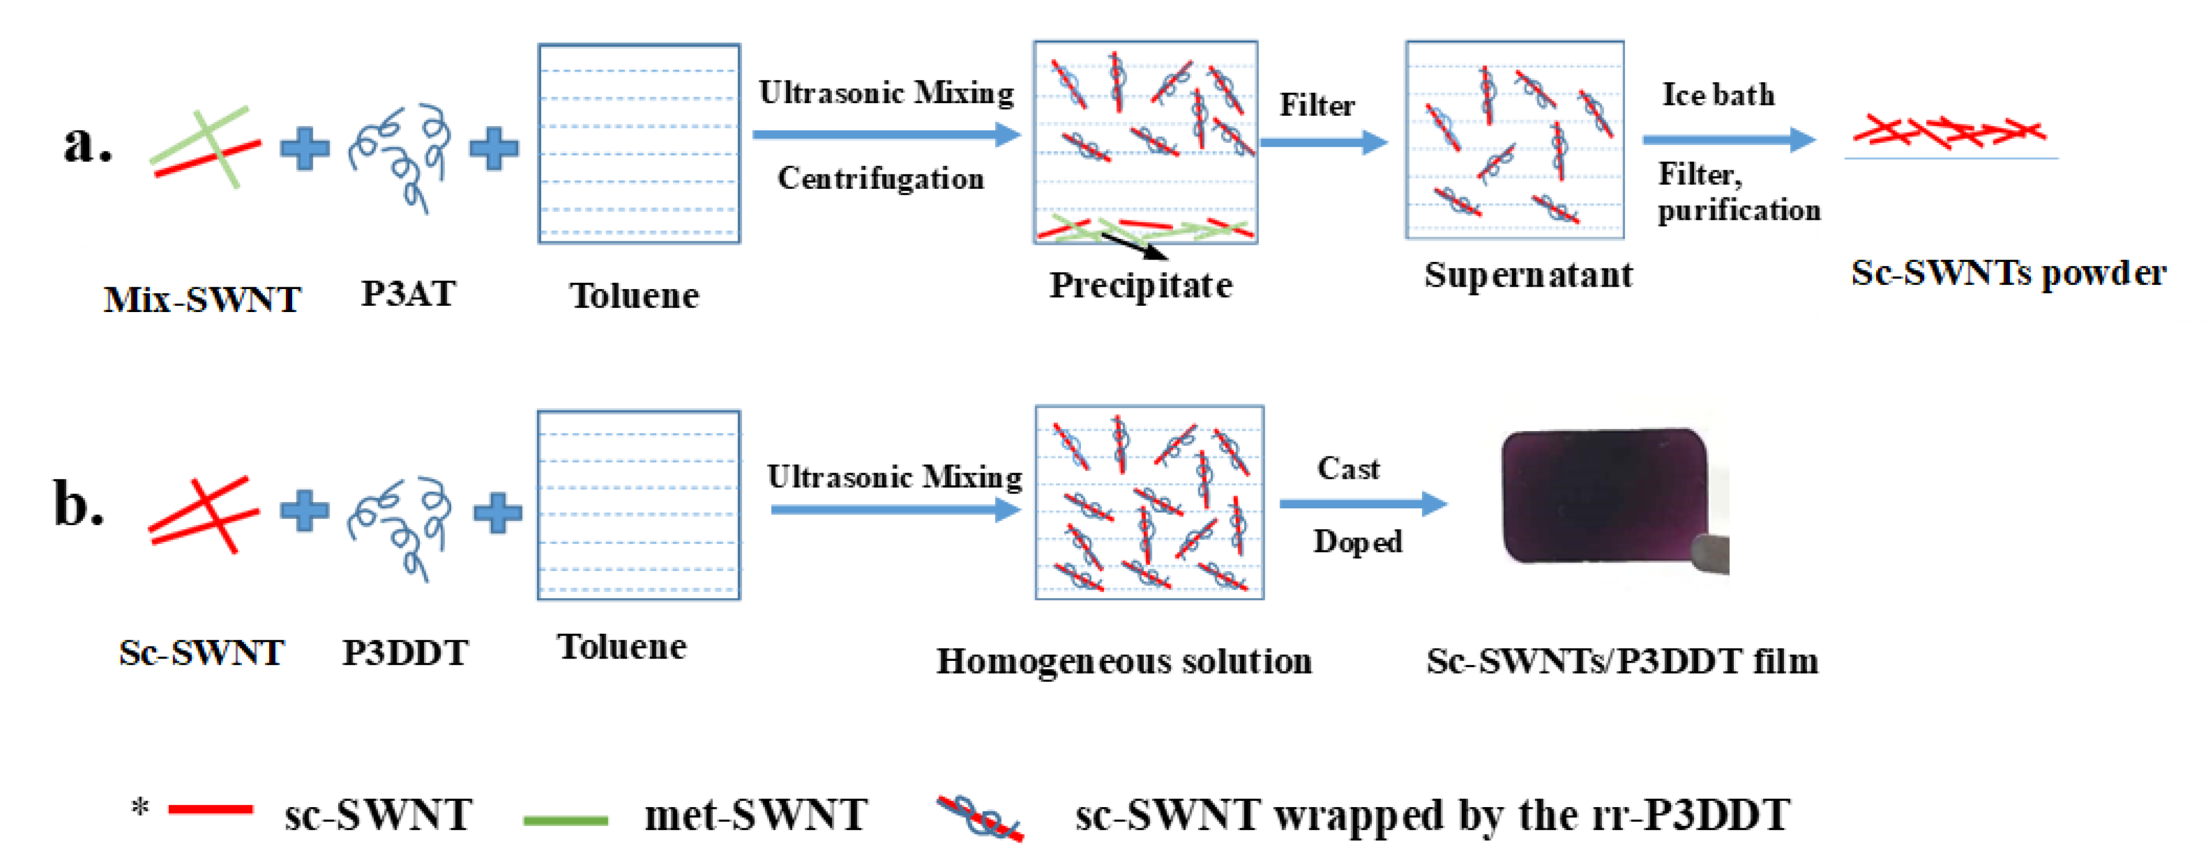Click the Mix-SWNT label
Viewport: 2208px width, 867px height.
point(202,300)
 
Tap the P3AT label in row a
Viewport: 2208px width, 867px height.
point(408,294)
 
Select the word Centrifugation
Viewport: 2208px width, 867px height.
point(880,178)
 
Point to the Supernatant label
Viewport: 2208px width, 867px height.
point(1528,275)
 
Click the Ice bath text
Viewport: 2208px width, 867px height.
point(1718,94)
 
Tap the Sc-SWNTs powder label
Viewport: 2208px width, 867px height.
point(2008,273)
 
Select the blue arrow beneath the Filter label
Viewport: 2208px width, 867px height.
point(1324,142)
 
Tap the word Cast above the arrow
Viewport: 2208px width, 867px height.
point(1348,469)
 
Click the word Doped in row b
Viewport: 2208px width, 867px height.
point(1357,542)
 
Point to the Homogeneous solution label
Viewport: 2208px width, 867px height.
point(1124,661)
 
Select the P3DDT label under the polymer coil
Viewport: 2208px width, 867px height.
point(406,653)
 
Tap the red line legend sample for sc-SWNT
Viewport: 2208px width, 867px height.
point(210,809)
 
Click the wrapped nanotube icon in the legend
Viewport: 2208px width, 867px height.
point(980,818)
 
